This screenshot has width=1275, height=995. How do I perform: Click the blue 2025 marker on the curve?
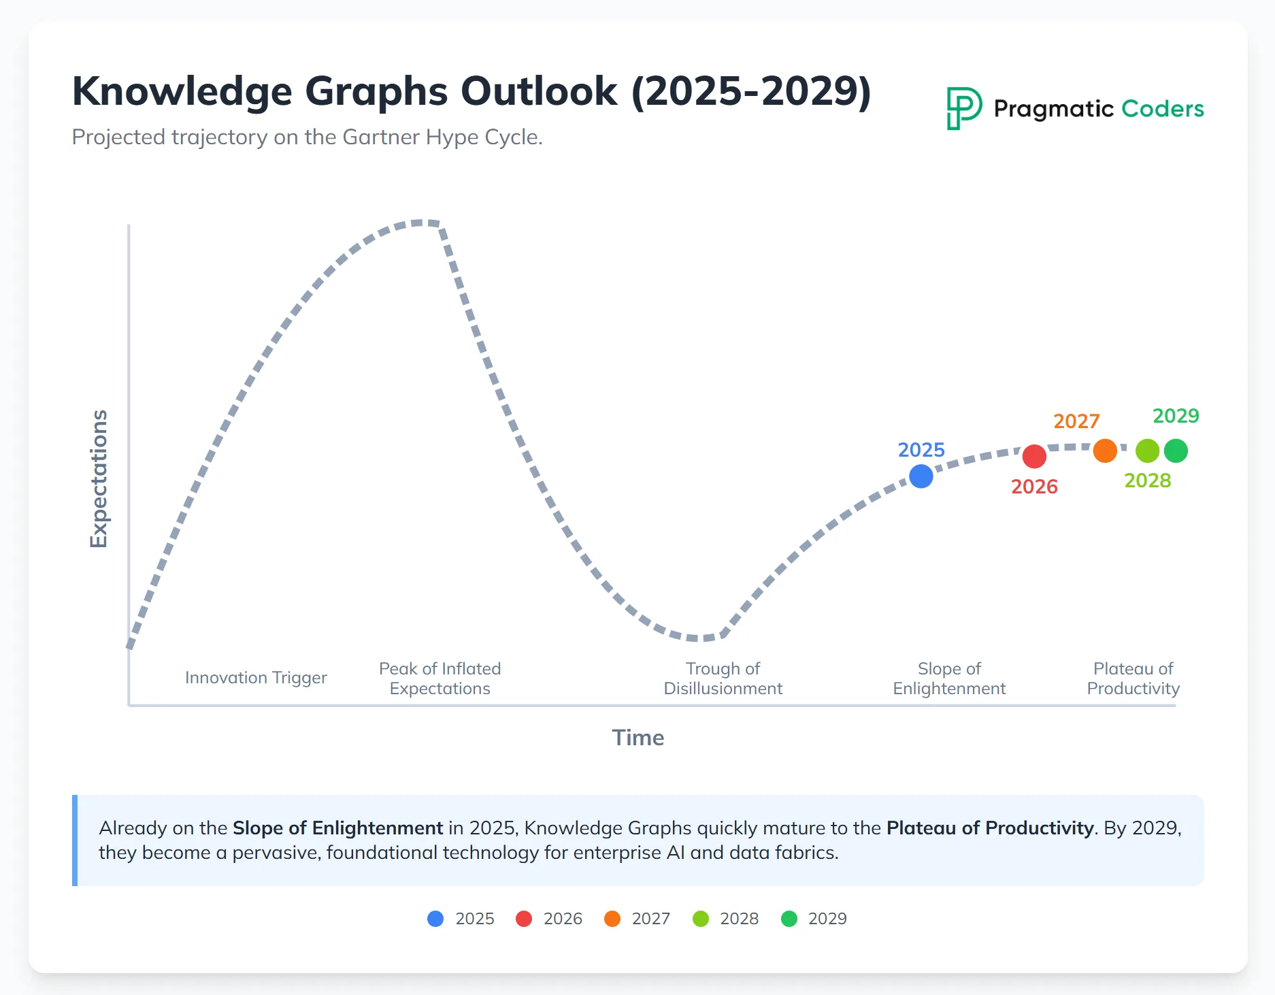pyautogui.click(x=921, y=476)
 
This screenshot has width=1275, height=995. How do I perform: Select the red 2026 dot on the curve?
pyautogui.click(x=1033, y=456)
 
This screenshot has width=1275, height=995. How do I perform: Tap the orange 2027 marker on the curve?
pyautogui.click(x=1105, y=451)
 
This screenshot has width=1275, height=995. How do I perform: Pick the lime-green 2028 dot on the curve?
pyautogui.click(x=1147, y=451)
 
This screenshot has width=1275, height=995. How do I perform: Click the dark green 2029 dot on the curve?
pyautogui.click(x=1176, y=451)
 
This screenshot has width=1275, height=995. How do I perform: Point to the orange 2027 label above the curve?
pyautogui.click(x=1076, y=421)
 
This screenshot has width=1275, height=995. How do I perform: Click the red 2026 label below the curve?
pyautogui.click(x=1034, y=487)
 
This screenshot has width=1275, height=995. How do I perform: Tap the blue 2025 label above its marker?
pyautogui.click(x=921, y=450)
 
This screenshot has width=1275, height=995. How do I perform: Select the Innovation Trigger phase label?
pyautogui.click(x=256, y=678)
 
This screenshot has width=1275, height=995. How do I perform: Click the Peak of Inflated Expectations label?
pyautogui.click(x=440, y=679)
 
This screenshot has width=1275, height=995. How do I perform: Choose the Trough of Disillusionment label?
pyautogui.click(x=723, y=679)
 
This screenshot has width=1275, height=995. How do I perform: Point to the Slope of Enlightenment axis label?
pyautogui.click(x=949, y=679)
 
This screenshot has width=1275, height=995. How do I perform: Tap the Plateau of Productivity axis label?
pyautogui.click(x=1133, y=679)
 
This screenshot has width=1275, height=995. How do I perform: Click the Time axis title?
pyautogui.click(x=637, y=738)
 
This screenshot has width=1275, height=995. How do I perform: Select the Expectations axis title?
pyautogui.click(x=99, y=478)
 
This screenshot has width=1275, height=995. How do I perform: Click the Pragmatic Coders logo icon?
pyautogui.click(x=963, y=108)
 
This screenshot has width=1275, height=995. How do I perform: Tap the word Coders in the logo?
pyautogui.click(x=1162, y=109)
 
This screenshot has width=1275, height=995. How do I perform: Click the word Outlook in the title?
pyautogui.click(x=539, y=91)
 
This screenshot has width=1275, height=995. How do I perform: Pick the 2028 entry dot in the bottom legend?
pyautogui.click(x=701, y=919)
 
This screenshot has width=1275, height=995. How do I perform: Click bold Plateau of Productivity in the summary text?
pyautogui.click(x=989, y=828)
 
